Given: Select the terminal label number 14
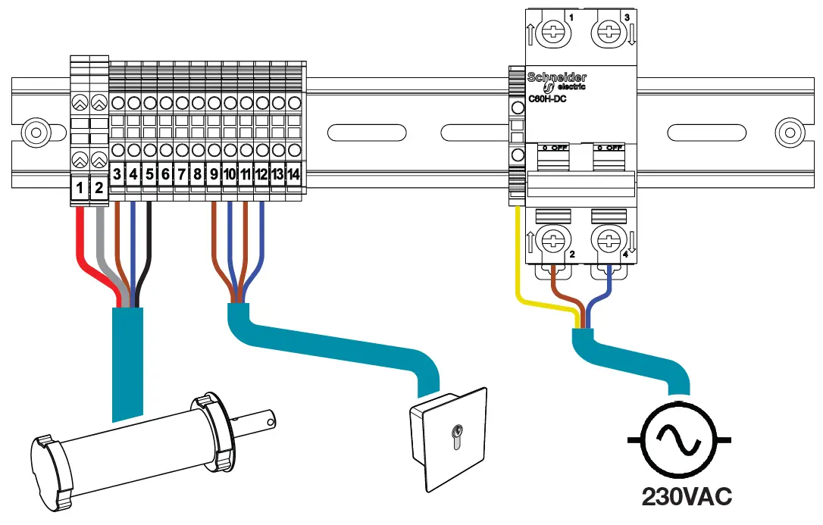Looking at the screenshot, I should (294, 174).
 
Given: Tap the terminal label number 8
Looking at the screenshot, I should (198, 174).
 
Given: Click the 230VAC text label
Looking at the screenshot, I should (687, 496).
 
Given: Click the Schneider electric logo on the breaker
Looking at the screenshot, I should (557, 81).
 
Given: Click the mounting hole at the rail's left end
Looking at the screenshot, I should (33, 133).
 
